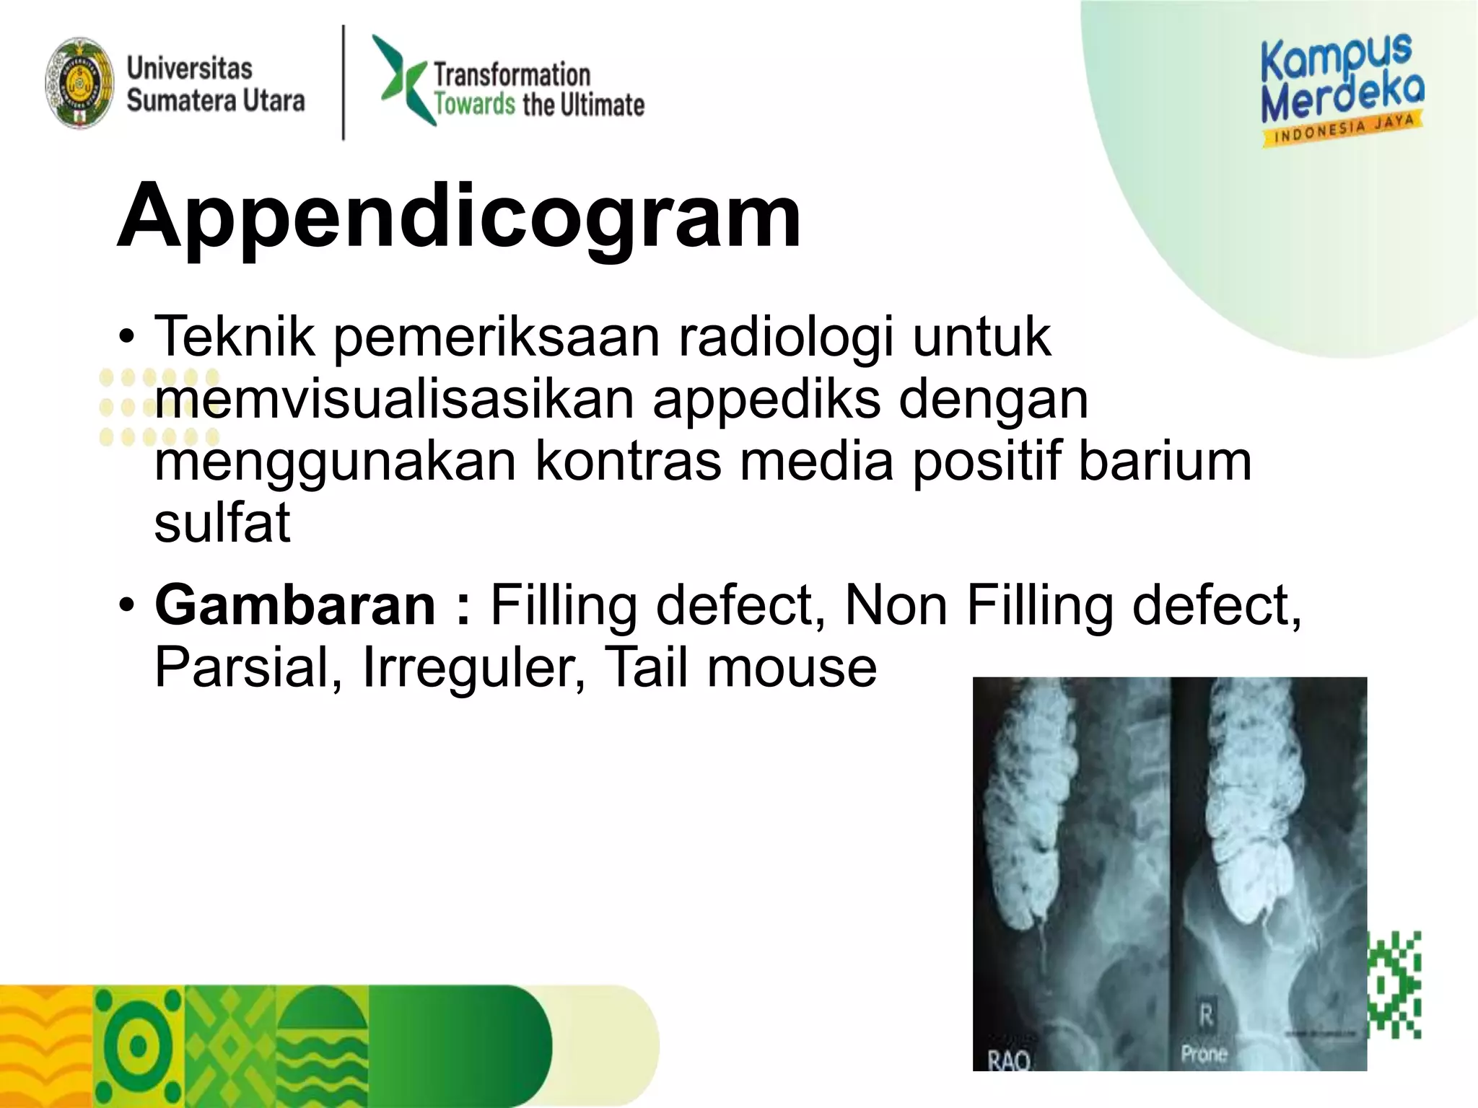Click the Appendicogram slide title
pos(459,215)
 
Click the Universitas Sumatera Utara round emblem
pos(79,84)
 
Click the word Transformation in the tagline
pos(512,74)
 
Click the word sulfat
pos(222,522)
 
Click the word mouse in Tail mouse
pos(792,667)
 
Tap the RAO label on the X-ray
pos(1009,1060)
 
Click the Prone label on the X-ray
pos(1204,1054)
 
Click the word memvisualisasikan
pos(394,398)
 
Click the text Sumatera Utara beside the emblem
pos(216,100)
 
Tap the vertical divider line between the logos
pos(344,82)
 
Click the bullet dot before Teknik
pos(127,337)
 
